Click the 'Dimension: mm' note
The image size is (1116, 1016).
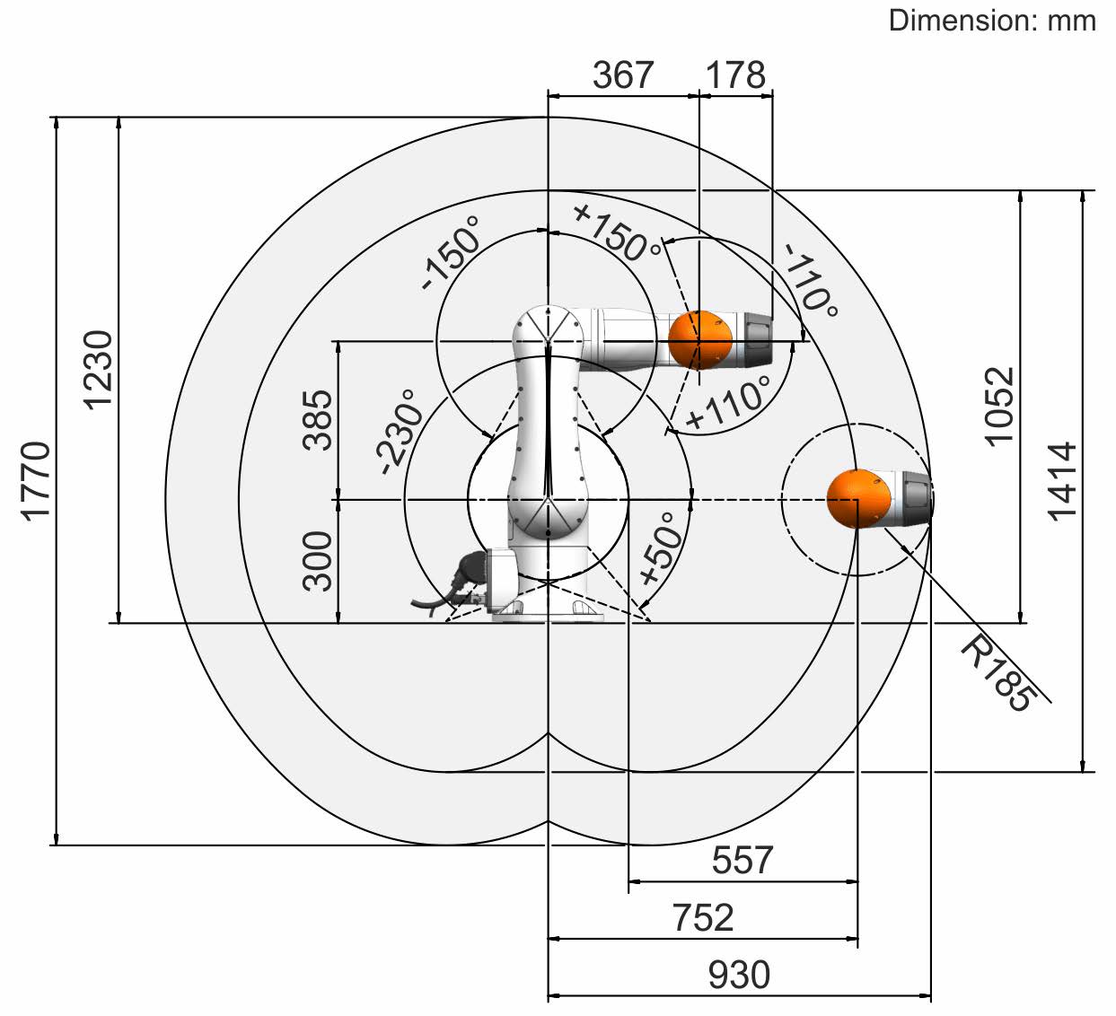point(992,22)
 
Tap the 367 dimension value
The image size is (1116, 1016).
point(622,75)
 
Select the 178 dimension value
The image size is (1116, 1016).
point(735,75)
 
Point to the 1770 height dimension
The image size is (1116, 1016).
point(36,482)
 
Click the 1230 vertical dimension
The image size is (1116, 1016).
point(98,370)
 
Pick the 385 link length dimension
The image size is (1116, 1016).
point(317,420)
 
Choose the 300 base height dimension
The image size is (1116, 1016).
point(317,561)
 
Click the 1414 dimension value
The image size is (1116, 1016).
point(1062,482)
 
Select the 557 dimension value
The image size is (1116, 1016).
point(743,860)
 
